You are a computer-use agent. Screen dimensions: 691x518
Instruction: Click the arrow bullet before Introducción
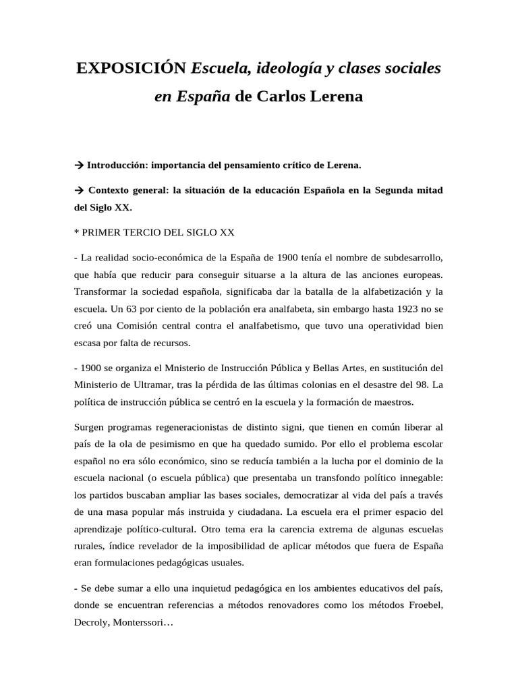click(x=78, y=165)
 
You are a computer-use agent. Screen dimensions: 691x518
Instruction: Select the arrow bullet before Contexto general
click(x=78, y=190)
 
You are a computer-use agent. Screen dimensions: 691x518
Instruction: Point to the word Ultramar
click(x=157, y=385)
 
